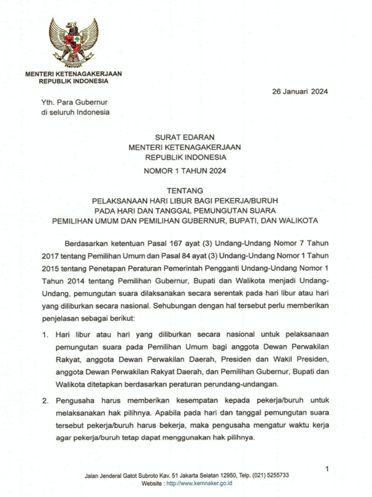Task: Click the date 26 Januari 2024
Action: [300, 92]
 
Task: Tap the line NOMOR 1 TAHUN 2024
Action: [185, 171]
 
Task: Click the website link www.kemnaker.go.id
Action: [199, 483]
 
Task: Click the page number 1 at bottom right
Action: [327, 469]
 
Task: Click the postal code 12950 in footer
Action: [227, 475]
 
